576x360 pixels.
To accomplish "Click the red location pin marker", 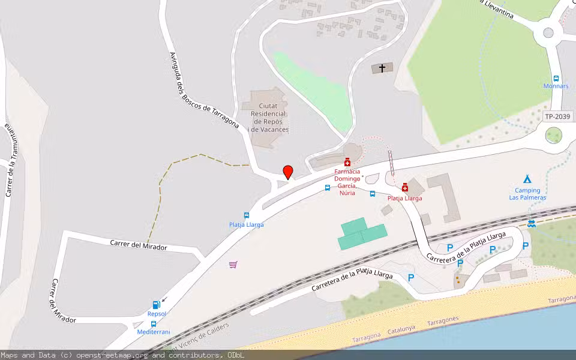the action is (288, 172).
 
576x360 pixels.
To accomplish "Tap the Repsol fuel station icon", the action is (157, 305).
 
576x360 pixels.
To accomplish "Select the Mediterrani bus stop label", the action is (154, 332).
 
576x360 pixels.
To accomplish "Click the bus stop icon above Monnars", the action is (556, 78).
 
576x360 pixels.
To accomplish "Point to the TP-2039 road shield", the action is (557, 116).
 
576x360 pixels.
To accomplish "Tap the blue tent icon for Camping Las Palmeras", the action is (527, 179).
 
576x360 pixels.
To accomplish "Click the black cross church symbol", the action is (382, 68).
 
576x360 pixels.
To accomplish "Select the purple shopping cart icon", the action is (233, 264).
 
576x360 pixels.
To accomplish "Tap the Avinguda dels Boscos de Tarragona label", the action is (204, 90).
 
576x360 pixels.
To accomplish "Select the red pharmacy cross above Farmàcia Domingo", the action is (347, 163).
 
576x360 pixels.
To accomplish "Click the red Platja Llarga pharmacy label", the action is (404, 198).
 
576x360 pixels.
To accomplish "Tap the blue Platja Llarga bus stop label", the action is (246, 225).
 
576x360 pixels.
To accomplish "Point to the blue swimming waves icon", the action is (532, 223).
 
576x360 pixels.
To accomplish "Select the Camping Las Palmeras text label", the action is (527, 194).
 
